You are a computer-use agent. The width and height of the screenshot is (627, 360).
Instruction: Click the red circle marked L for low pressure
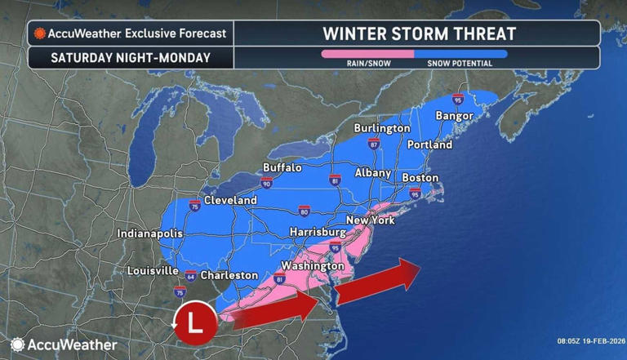click(x=194, y=321)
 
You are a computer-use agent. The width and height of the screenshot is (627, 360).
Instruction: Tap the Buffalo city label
click(x=282, y=167)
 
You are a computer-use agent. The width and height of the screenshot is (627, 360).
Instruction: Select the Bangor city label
click(x=454, y=115)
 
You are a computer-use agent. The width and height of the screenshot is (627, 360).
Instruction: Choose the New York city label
click(x=371, y=220)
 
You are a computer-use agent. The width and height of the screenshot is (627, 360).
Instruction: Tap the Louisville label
click(x=153, y=270)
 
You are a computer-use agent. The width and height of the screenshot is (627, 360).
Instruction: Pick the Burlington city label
click(x=381, y=128)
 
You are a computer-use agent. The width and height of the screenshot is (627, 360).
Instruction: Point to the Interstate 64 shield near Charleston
click(x=190, y=275)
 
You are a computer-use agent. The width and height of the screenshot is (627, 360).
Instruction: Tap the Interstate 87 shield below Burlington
click(x=374, y=144)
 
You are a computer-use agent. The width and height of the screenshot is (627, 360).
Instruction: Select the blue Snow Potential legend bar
click(x=460, y=54)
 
